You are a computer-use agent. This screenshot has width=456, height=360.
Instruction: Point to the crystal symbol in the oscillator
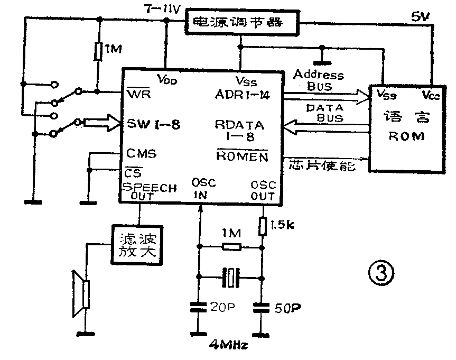230,278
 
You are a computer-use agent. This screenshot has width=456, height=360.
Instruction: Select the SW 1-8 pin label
154,125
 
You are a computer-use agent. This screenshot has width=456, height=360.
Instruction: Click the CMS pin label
141,153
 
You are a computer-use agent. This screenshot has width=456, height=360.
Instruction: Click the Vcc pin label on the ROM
431,96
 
